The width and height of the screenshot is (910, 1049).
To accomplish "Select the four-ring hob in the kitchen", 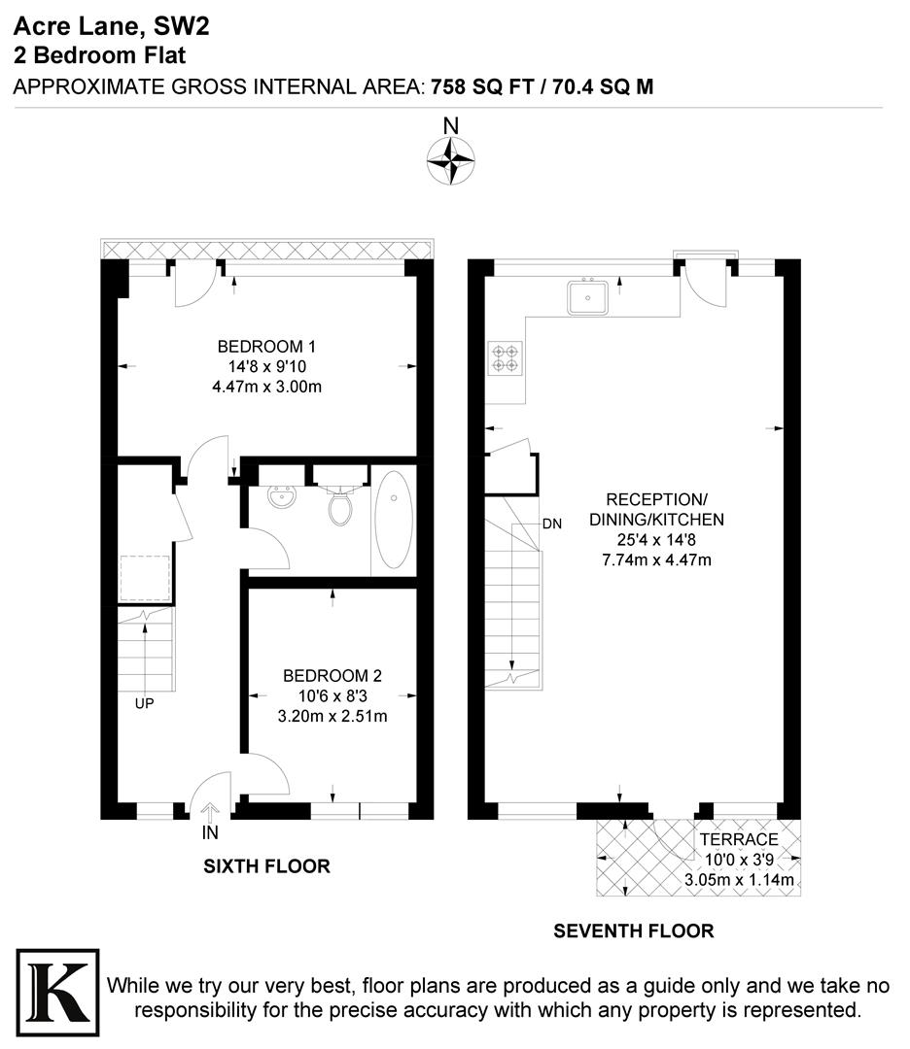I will click(x=505, y=358).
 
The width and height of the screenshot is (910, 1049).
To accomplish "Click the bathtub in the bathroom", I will click(x=394, y=519).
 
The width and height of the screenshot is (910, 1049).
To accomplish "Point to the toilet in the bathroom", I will click(x=340, y=504).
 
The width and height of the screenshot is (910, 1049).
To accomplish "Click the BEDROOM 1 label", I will click(x=266, y=346).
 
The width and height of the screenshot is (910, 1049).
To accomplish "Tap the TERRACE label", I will click(x=738, y=839).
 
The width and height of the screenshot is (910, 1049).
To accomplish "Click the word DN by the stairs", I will click(x=552, y=524).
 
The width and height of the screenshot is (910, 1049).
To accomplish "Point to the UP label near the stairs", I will click(x=144, y=704).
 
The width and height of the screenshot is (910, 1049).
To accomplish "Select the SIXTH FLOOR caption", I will click(x=266, y=865).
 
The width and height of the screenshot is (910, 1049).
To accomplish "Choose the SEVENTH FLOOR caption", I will click(x=633, y=931).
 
